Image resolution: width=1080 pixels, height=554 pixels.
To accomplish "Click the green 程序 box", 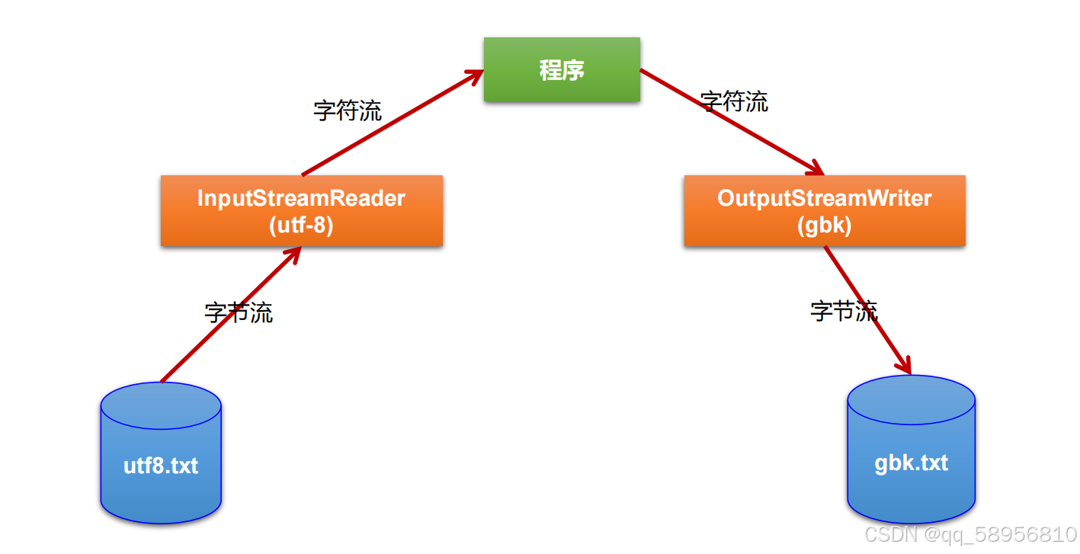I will (562, 70).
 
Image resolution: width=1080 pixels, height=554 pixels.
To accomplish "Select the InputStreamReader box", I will (301, 211).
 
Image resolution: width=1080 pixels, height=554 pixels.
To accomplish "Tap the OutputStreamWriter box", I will (824, 211).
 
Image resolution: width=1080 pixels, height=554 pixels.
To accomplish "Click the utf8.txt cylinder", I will (161, 465).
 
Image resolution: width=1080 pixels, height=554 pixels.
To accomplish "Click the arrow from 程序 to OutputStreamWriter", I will (732, 121).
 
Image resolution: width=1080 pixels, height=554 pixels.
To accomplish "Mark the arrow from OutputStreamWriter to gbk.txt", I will (869, 312).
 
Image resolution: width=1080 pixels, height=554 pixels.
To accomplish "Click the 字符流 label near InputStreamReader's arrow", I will (348, 110).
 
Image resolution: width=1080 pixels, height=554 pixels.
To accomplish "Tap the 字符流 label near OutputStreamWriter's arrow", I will (735, 101).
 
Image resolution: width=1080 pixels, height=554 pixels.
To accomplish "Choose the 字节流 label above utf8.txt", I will (239, 312).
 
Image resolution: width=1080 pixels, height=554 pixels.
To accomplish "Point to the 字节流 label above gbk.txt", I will (844, 310).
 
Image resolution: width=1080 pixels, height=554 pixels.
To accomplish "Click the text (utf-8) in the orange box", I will (301, 226).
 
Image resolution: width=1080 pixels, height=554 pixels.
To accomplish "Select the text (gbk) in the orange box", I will (824, 226).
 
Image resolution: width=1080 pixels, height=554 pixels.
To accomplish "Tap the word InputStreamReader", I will (301, 198).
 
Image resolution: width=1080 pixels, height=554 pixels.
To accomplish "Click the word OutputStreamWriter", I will (824, 198).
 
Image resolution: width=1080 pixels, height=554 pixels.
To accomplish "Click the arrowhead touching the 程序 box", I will (476, 74).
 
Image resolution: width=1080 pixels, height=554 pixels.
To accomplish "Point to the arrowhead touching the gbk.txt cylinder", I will (906, 367).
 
